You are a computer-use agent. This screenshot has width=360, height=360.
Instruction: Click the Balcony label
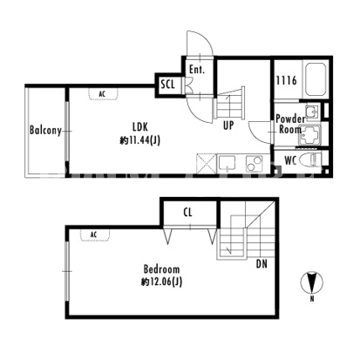[45, 131]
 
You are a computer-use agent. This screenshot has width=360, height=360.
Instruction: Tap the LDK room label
[140, 126]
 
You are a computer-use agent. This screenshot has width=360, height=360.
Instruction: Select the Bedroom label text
[161, 269]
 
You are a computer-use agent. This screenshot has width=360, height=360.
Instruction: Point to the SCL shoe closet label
[168, 85]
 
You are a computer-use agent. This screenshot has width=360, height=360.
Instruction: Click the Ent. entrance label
[197, 70]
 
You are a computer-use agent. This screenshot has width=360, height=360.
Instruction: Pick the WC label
[290, 160]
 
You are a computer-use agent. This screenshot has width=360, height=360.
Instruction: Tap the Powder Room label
[289, 124]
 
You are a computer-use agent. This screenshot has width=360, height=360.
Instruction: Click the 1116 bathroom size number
[287, 80]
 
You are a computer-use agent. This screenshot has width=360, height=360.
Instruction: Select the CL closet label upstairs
[188, 213]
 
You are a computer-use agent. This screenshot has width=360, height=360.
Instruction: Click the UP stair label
[228, 126]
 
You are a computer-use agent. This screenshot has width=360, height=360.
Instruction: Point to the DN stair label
[262, 264]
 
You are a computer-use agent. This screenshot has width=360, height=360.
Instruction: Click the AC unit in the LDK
[104, 93]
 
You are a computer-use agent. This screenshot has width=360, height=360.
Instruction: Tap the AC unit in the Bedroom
[95, 234]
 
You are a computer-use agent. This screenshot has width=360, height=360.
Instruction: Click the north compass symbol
[312, 282]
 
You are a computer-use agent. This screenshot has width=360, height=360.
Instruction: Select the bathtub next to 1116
[316, 79]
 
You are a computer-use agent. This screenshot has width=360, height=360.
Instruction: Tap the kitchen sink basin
[227, 163]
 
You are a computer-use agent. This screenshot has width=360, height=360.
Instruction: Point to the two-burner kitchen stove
[255, 164]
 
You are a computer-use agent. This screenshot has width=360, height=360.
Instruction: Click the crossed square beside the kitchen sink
[207, 164]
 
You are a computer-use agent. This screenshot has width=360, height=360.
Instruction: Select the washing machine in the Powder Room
[309, 135]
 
